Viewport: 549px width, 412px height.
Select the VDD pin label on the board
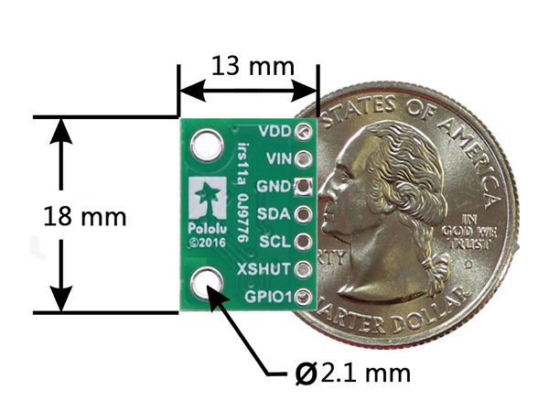275,131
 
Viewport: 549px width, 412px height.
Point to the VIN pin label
277,158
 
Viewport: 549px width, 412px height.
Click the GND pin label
274,187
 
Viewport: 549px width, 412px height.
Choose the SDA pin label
275,214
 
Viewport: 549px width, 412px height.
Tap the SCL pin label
275,242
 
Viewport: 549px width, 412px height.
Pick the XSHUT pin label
266,269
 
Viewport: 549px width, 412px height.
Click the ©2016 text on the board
202,242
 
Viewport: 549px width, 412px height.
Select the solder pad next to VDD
305,132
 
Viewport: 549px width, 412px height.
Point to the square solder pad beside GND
304,188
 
